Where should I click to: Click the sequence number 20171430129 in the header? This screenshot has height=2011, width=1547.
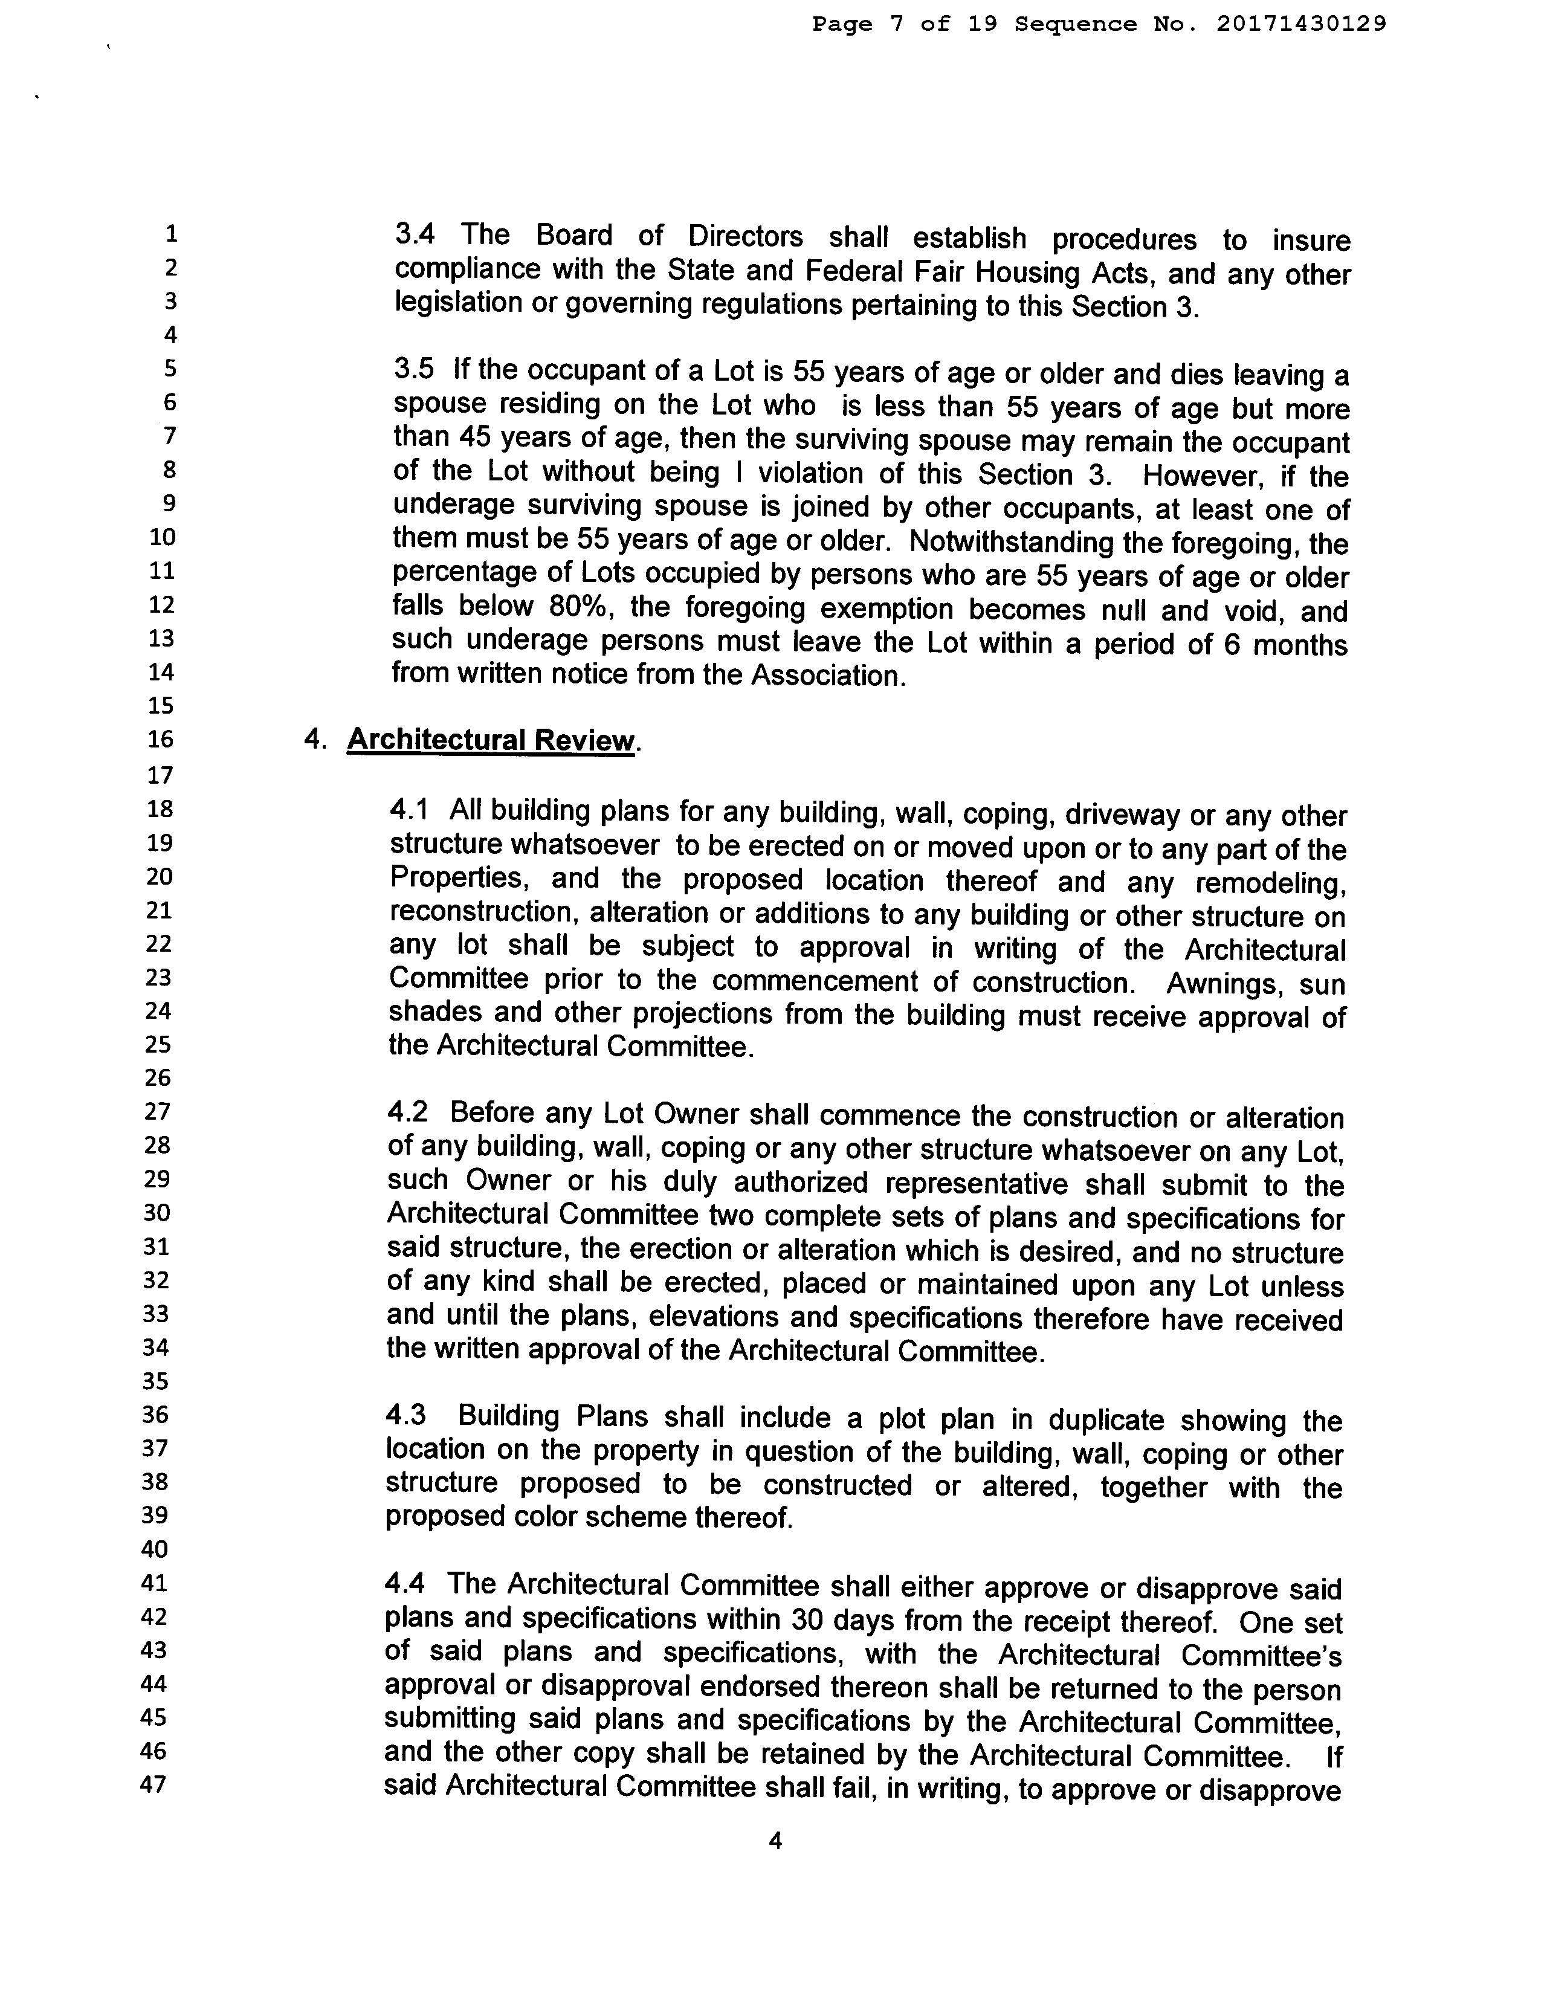click(1301, 24)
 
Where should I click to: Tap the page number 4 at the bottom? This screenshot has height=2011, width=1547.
click(775, 1842)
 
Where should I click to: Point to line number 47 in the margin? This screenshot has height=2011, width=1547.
click(153, 1784)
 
